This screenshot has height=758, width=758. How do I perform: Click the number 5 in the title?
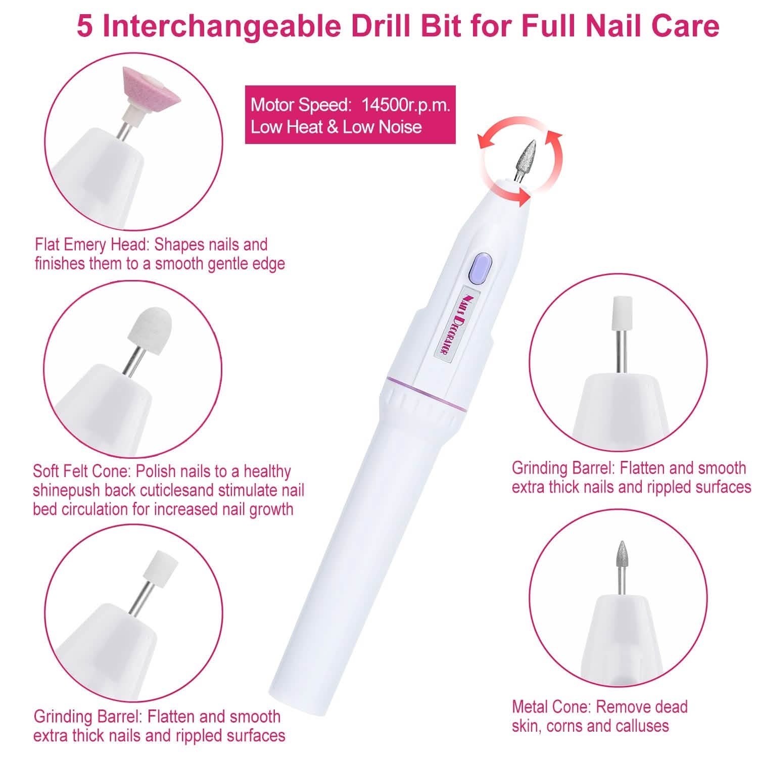click(x=84, y=26)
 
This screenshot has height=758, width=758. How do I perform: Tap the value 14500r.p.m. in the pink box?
click(x=405, y=105)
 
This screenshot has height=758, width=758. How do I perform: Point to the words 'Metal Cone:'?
click(x=552, y=706)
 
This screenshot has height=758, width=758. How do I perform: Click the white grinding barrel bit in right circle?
click(x=620, y=312)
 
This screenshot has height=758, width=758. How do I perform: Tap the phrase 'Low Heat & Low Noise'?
click(x=336, y=127)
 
